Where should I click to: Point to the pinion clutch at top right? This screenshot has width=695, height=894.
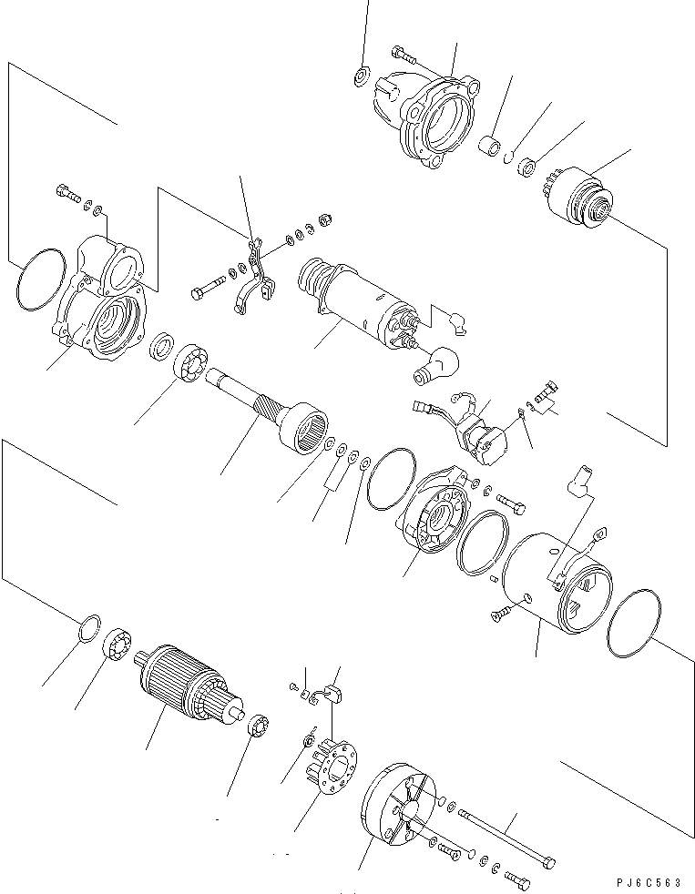(581, 195)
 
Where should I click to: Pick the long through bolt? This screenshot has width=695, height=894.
(506, 835)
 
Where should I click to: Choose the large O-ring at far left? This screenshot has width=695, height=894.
(40, 279)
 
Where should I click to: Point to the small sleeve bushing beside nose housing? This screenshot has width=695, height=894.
(493, 145)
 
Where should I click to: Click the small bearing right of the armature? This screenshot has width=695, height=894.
(256, 726)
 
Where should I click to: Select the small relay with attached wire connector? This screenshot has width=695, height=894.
(477, 432)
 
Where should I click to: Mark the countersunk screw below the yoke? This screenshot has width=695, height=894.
(504, 617)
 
